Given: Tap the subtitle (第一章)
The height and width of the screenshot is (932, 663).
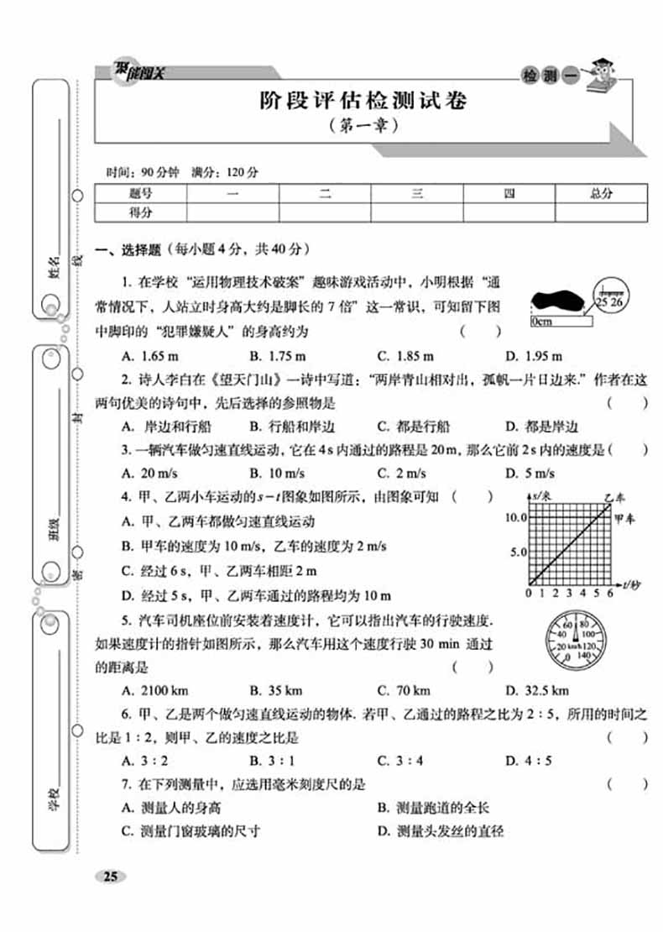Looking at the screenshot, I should (x=360, y=128).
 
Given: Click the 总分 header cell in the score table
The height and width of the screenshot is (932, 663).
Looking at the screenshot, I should (x=600, y=193).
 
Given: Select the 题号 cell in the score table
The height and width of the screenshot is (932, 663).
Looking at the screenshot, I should (x=140, y=193).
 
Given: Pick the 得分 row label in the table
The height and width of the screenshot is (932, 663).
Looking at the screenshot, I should (x=140, y=212).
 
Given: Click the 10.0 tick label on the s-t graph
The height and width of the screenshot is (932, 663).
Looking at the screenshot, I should (x=514, y=517).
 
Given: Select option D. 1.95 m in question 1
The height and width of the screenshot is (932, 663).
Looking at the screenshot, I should (x=533, y=355).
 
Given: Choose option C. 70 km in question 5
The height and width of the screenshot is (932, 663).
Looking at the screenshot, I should (x=405, y=691).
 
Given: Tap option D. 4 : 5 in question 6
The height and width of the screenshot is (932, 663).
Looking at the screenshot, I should (x=529, y=762).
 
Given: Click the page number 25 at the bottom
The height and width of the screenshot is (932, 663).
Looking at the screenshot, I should (x=110, y=877).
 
